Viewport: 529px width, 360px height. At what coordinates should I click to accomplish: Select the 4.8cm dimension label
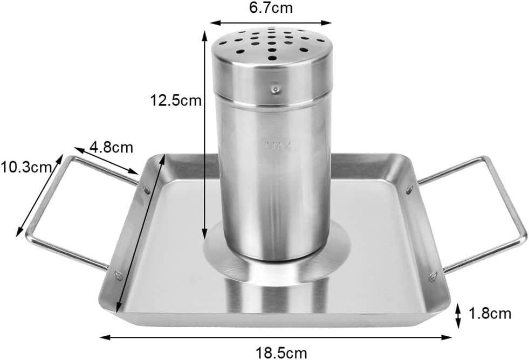tap(112, 147)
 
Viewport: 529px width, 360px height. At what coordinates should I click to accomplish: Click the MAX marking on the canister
tap(277, 146)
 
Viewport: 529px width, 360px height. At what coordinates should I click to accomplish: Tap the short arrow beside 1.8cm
tap(458, 316)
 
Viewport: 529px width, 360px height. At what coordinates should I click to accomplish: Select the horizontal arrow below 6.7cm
tap(270, 23)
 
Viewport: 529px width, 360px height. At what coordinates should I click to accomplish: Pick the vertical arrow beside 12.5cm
tap(204, 135)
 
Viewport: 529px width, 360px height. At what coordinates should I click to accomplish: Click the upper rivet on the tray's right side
tap(410, 189)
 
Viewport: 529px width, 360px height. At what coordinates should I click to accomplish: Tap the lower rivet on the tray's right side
tap(432, 277)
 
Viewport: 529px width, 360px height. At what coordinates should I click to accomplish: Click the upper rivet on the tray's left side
tap(146, 190)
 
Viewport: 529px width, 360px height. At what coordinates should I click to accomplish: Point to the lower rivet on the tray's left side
tap(118, 275)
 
